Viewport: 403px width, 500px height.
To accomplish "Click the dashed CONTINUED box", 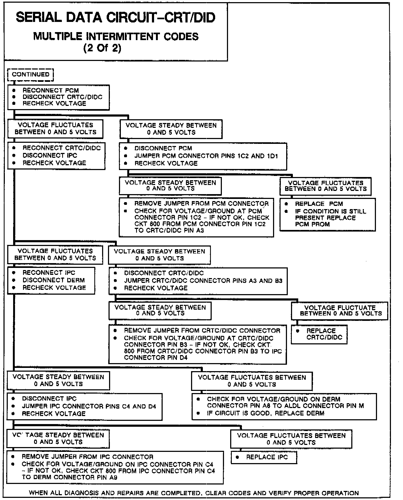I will [x=31, y=75].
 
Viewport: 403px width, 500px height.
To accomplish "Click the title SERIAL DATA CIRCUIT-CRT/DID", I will [x=115, y=18].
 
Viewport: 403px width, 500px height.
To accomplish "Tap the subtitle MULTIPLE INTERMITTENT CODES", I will [x=116, y=36].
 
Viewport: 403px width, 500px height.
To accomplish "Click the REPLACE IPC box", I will [x=264, y=457].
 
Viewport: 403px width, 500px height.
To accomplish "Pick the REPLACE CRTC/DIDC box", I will [x=319, y=334].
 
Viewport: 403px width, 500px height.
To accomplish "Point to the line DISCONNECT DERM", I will [x=54, y=280].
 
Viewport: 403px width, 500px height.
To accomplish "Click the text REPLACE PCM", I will [x=319, y=204].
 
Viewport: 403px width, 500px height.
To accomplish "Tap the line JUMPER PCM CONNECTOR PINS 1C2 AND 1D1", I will [x=206, y=156].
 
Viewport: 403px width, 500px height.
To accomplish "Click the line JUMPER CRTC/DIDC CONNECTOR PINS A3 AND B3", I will [x=203, y=281].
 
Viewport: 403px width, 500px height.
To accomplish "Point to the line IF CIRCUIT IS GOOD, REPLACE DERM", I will [x=265, y=413].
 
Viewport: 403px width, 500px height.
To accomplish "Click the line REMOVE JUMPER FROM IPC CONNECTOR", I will [x=88, y=457].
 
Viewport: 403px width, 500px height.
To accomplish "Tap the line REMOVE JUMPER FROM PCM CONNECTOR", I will [x=201, y=203].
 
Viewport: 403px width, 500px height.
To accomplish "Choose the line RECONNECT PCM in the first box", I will [x=51, y=90].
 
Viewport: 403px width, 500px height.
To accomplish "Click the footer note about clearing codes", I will [x=194, y=493].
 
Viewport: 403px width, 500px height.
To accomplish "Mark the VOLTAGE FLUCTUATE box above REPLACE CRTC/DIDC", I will [x=339, y=311].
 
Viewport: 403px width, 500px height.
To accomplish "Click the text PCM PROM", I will [x=312, y=224].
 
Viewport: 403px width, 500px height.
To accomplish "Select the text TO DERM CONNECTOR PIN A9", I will [x=69, y=478].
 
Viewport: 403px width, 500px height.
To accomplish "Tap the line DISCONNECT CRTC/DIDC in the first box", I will [x=62, y=97].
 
